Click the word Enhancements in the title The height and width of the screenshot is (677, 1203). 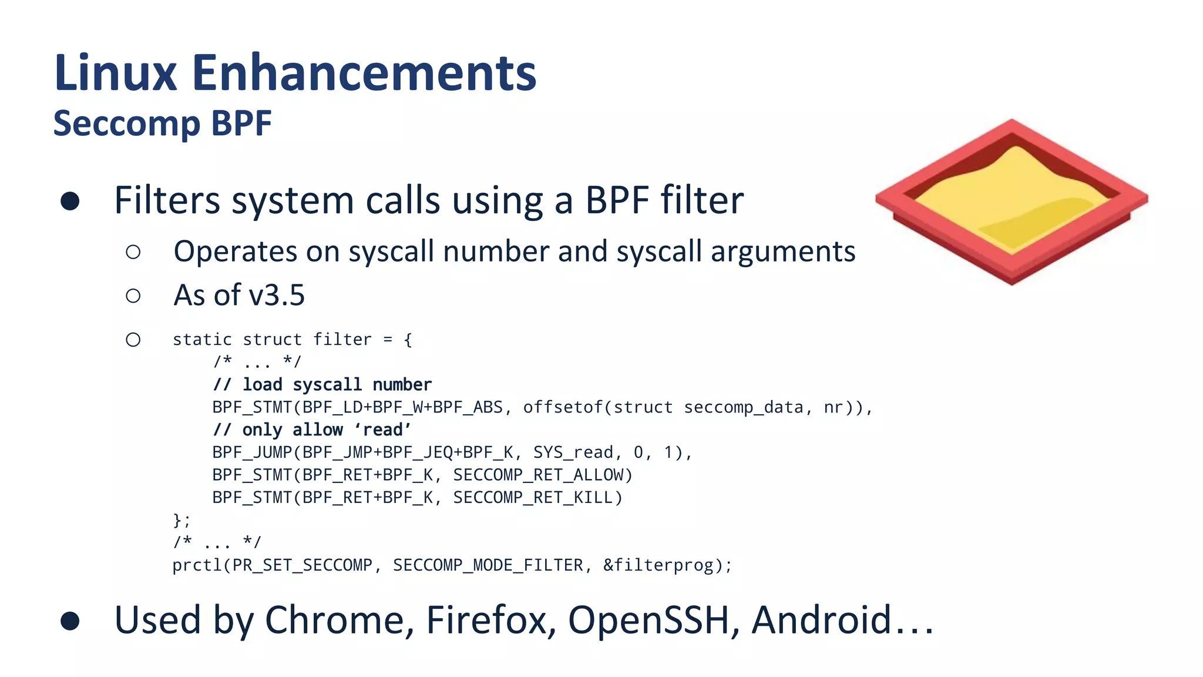pos(364,73)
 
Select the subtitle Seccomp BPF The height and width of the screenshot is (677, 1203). pos(163,123)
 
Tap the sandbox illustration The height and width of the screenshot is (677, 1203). pos(1011,202)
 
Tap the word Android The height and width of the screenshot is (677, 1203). pos(822,620)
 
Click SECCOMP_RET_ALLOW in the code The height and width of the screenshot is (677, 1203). pos(542,475)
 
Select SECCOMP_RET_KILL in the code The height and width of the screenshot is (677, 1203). pos(537,498)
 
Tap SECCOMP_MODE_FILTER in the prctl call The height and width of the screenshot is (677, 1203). pos(488,565)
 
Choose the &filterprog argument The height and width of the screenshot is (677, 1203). pos(658,565)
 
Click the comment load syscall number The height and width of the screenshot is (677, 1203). pos(322,385)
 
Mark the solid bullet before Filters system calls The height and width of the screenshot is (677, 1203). pos(70,201)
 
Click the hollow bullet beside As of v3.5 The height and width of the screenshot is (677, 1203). pos(133,296)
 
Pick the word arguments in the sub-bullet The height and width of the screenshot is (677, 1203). pos(782,252)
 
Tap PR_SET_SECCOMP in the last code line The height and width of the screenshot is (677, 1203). pos(302,565)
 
